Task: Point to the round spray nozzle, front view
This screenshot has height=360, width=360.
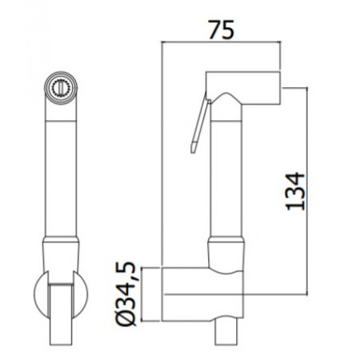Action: [x=62, y=87]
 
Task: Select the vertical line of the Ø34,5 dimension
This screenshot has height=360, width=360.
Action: [x=142, y=295]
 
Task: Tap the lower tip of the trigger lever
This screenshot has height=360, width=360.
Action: [x=192, y=146]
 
